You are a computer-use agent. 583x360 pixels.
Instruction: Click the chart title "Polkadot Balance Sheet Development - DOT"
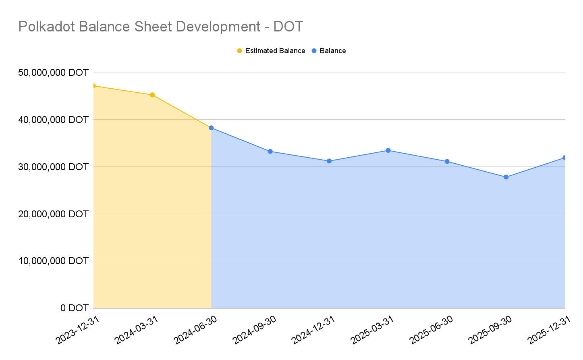[160, 27]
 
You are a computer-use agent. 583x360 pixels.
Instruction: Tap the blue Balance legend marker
[314, 51]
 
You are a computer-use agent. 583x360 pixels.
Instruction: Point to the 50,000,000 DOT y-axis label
[53, 73]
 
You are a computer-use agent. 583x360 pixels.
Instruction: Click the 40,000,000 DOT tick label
[53, 120]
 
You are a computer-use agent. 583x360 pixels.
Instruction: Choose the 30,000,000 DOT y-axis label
[53, 167]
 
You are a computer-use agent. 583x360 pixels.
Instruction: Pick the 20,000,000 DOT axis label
[53, 214]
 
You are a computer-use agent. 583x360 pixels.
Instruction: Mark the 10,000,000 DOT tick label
[53, 261]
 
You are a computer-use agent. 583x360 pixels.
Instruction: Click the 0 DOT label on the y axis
[75, 308]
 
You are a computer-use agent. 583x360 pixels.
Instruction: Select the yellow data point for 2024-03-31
[152, 95]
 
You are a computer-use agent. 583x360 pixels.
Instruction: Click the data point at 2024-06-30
[211, 128]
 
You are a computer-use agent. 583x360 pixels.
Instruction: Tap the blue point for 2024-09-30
[270, 152]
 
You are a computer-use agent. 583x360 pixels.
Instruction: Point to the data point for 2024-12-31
[329, 161]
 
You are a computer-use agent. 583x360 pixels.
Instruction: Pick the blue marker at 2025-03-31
[388, 150]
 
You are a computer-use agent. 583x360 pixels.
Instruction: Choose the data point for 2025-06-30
[447, 161]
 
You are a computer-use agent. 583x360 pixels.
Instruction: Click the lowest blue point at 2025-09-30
[506, 177]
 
